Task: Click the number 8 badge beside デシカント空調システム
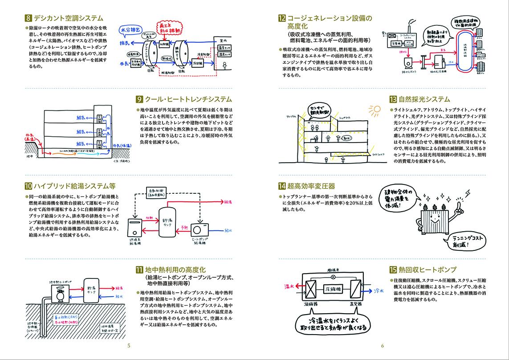[29, 19]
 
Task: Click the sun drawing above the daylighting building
[374, 109]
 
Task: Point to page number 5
[128, 346]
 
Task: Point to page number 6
[383, 346]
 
